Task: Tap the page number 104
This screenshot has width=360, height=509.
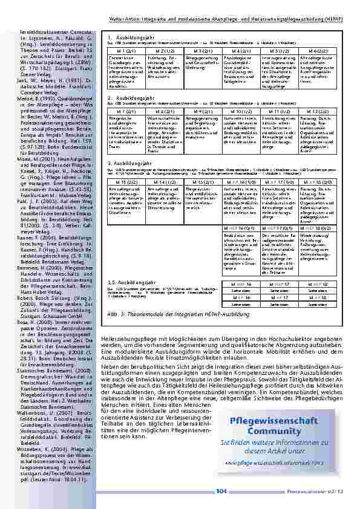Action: click(x=221, y=493)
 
